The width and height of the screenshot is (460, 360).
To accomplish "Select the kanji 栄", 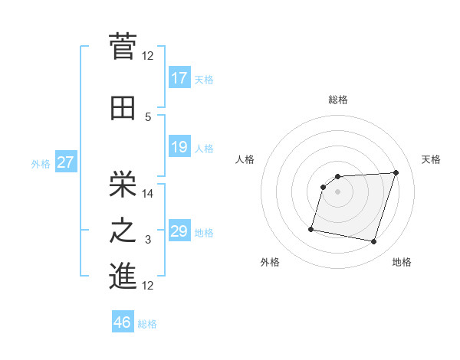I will [123, 182].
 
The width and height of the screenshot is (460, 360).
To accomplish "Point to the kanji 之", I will [123, 231].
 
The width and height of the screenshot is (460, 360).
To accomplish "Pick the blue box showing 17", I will [179, 78].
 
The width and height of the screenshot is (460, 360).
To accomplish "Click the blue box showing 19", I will [179, 147].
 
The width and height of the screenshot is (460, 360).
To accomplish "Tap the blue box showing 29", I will [179, 231].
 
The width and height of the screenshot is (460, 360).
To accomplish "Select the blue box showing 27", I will [65, 163].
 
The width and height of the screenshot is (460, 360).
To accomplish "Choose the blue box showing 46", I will [123, 322].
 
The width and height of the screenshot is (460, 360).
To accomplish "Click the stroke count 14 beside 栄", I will [148, 194].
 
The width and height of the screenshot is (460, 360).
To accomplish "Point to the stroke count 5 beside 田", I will [148, 116].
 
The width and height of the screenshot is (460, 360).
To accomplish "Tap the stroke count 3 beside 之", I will [148, 241].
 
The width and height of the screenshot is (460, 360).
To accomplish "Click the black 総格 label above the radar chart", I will [338, 100].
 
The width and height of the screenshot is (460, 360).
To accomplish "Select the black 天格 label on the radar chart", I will [431, 159].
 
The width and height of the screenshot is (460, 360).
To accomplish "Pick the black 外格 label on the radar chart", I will [270, 262].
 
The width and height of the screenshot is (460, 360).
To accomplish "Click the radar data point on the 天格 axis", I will [396, 173].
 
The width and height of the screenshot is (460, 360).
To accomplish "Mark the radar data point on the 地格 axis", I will [373, 242].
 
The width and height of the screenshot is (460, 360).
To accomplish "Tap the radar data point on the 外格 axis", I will [311, 228].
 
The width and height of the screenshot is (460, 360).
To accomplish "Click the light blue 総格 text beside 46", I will [147, 324].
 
